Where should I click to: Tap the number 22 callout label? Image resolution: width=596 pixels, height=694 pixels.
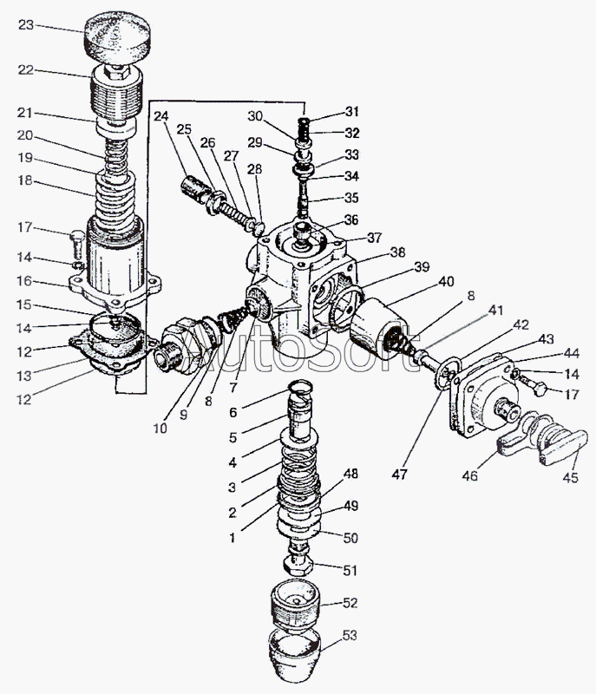pos(25,70)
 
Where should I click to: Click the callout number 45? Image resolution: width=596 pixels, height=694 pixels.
pos(570,478)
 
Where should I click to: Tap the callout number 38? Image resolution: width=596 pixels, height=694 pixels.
pos(396,252)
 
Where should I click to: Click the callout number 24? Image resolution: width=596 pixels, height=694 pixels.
pos(161,117)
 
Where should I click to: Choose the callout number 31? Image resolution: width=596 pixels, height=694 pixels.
pos(350,112)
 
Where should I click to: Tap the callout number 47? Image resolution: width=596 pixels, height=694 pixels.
pos(399,475)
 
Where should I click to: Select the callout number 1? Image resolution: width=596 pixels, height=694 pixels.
pos(232,538)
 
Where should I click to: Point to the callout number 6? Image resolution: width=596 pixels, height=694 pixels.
pos(233,413)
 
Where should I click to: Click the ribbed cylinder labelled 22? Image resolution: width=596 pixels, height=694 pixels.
pos(117,94)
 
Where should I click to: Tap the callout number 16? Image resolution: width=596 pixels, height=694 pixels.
pos(25,281)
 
